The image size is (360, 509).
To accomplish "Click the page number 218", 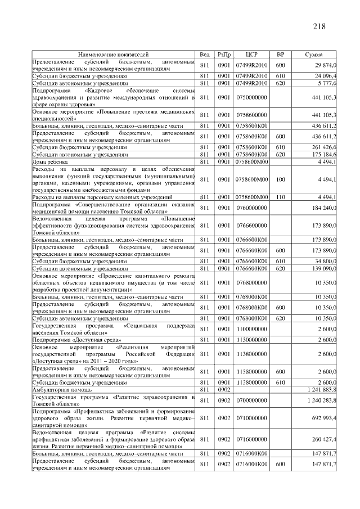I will click(318, 26).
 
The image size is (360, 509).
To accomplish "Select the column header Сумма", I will click(313, 55).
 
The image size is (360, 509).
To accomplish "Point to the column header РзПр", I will click(224, 55).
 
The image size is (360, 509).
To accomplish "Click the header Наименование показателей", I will click(113, 55).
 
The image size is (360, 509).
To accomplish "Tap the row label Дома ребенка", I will click(51, 162).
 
